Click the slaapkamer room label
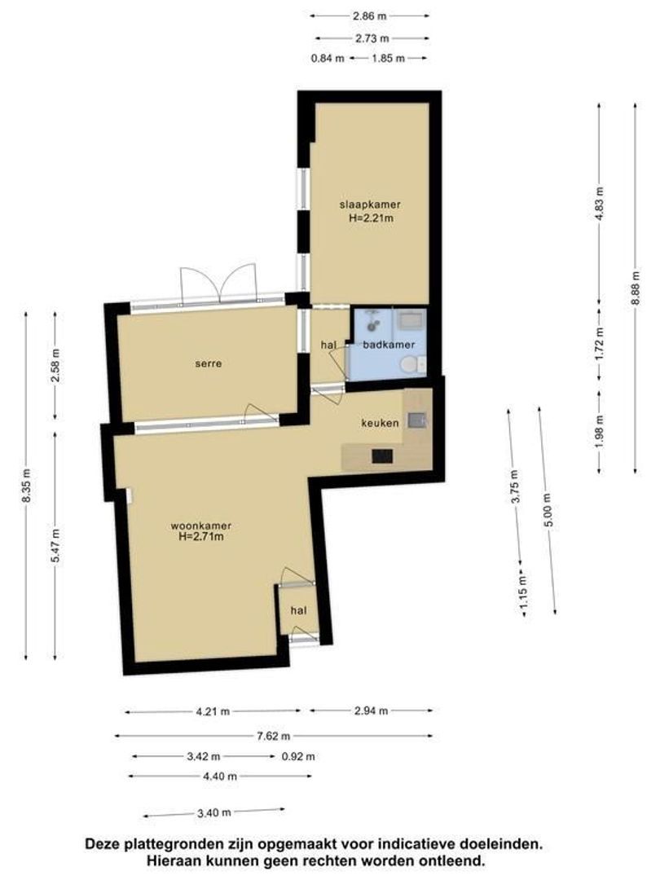click(370, 205)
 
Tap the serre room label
click(209, 363)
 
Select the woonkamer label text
click(201, 526)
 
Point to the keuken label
click(380, 423)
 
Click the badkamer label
click(389, 345)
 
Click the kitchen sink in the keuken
click(416, 420)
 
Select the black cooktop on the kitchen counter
click(382, 455)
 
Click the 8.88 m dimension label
click(636, 288)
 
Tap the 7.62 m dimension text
click(273, 736)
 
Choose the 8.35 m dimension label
click(27, 486)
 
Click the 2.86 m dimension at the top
click(370, 16)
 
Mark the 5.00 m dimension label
click(548, 509)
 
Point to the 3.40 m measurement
click(213, 812)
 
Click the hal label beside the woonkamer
click(298, 610)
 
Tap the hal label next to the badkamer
click(329, 345)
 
